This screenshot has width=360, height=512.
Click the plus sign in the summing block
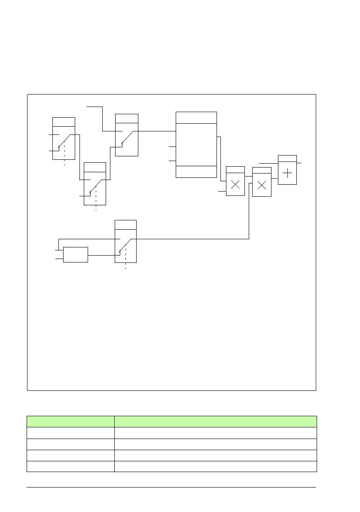pyautogui.click(x=287, y=174)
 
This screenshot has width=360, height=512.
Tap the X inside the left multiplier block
pyautogui.click(x=235, y=185)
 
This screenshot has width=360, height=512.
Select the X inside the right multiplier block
pyautogui.click(x=262, y=186)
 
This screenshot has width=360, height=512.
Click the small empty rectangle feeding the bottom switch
pyautogui.click(x=76, y=255)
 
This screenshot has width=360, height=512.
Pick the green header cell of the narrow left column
pyautogui.click(x=70, y=421)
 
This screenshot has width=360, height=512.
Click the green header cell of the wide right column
pyautogui.click(x=215, y=421)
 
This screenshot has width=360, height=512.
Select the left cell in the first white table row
pyautogui.click(x=70, y=433)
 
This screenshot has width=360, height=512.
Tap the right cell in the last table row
pyautogui.click(x=215, y=466)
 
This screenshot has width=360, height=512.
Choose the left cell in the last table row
pyautogui.click(x=70, y=466)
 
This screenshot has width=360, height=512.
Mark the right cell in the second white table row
pyautogui.click(x=215, y=444)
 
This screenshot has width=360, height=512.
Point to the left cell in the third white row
pyautogui.click(x=70, y=455)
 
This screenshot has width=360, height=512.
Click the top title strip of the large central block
pyautogui.click(x=196, y=117)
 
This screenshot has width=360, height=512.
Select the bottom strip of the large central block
pyautogui.click(x=196, y=171)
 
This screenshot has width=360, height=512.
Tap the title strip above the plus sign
pyautogui.click(x=287, y=158)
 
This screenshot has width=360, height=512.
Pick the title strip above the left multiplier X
pyautogui.click(x=235, y=170)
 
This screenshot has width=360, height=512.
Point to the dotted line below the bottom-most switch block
pyautogui.click(x=125, y=265)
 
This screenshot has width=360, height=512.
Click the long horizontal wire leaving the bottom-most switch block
pyautogui.click(x=193, y=239)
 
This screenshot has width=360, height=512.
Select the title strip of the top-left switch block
pyautogui.click(x=64, y=122)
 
